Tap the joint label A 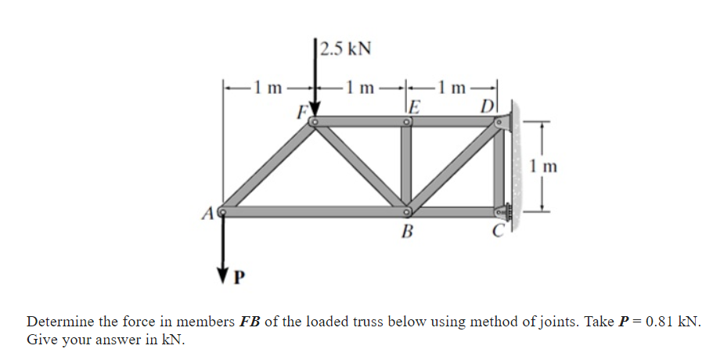(208, 212)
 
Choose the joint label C (495, 231)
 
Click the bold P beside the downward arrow (240, 277)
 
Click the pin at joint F (314, 121)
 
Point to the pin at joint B (407, 211)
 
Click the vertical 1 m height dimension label (542, 166)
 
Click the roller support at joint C (504, 211)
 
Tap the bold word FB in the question (250, 322)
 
